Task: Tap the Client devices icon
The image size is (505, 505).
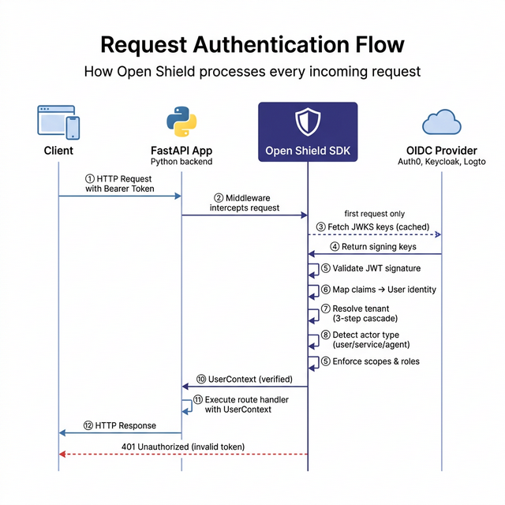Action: click(x=58, y=123)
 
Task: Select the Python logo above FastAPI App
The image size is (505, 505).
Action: click(x=181, y=123)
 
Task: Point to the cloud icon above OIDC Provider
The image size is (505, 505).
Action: click(x=441, y=123)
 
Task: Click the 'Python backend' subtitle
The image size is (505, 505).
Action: click(x=181, y=162)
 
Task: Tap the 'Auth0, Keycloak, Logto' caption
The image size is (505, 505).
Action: click(x=441, y=162)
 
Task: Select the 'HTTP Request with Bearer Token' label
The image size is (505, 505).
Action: click(x=118, y=184)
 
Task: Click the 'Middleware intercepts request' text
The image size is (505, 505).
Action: click(x=245, y=202)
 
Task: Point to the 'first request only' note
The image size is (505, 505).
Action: click(x=376, y=214)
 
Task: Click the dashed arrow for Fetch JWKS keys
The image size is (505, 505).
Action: click(x=374, y=234)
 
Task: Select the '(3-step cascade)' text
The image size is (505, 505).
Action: click(x=365, y=319)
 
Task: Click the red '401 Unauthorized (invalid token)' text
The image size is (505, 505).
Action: click(x=181, y=447)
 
